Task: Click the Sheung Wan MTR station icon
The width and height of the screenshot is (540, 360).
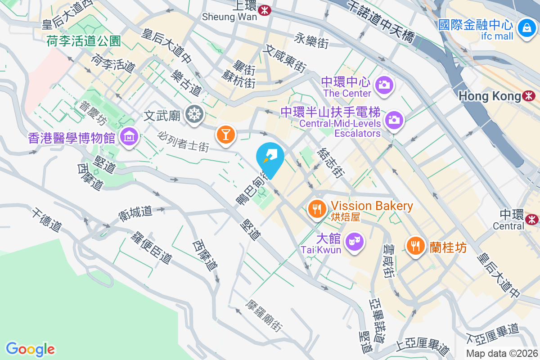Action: pyautogui.click(x=265, y=9)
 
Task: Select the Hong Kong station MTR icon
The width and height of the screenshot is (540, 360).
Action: pyautogui.click(x=529, y=96)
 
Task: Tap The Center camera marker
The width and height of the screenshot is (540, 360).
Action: pyautogui.click(x=384, y=84)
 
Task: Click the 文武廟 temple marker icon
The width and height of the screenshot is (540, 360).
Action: pyautogui.click(x=194, y=115)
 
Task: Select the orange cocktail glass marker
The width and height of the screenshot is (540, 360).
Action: pyautogui.click(x=225, y=134)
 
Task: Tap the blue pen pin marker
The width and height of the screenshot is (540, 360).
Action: pyautogui.click(x=270, y=157)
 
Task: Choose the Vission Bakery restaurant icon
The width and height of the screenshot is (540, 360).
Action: pyautogui.click(x=318, y=208)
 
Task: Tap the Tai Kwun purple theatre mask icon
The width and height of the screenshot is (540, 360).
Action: pyautogui.click(x=355, y=241)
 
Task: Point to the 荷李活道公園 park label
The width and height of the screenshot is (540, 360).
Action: pyautogui.click(x=84, y=41)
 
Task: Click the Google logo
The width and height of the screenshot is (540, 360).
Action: pyautogui.click(x=31, y=349)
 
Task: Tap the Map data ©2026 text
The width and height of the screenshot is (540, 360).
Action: pyautogui.click(x=502, y=353)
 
